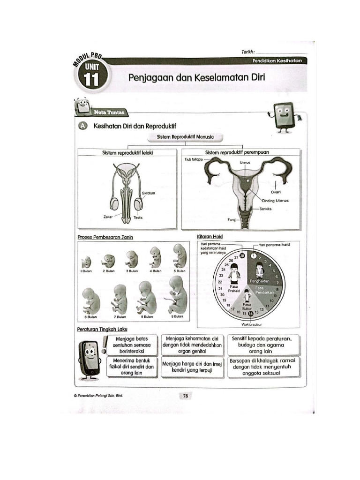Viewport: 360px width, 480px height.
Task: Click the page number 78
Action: tap(185, 396)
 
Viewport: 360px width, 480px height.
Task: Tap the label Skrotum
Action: tap(149, 193)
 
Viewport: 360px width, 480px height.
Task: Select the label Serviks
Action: tap(265, 209)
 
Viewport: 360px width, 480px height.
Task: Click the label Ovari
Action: tap(276, 192)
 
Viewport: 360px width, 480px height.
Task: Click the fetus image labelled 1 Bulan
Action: tap(86, 262)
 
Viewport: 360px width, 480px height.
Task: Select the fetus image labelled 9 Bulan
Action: tap(178, 295)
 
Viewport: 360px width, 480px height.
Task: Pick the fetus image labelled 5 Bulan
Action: tap(179, 256)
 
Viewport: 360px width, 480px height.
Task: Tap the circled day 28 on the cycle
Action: tap(242, 255)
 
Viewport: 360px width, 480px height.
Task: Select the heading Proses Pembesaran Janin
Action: tap(105, 237)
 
